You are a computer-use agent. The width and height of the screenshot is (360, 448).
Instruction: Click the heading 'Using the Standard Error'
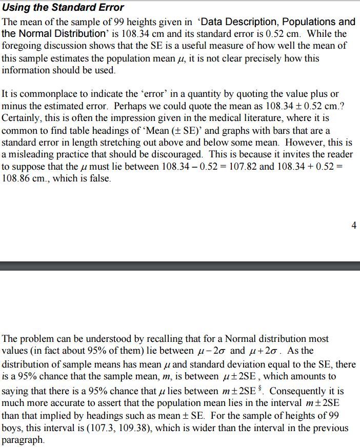(x=63, y=7)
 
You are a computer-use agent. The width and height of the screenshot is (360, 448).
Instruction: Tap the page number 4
(x=354, y=225)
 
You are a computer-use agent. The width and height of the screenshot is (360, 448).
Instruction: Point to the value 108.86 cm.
(x=24, y=179)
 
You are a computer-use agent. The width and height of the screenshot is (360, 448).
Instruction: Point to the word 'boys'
(x=12, y=428)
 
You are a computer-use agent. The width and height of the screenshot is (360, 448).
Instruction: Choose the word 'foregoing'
(x=21, y=46)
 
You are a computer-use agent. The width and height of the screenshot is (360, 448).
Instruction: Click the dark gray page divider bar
(x=180, y=266)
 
